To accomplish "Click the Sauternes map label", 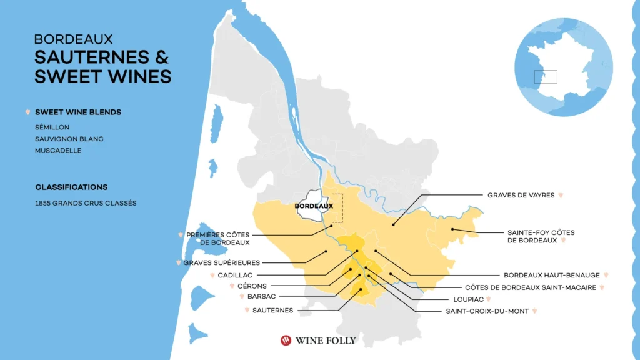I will click(272, 311).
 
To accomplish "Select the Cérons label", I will click(252, 286).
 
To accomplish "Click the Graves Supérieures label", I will click(221, 263).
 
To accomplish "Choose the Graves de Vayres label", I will click(521, 195).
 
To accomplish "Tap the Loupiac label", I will click(467, 299).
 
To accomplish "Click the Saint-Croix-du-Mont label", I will click(487, 311).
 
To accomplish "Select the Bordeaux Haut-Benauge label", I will click(551, 275).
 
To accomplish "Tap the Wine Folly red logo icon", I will click(286, 341).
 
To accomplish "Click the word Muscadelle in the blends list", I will click(58, 151).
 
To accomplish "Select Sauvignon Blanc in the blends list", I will click(69, 139).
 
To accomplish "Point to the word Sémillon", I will click(52, 127).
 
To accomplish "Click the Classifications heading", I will click(71, 187).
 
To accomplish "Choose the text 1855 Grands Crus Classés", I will click(86, 203).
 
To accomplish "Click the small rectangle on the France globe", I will click(545, 77).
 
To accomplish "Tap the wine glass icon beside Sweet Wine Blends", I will click(27, 112).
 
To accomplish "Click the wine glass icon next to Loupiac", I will click(489, 299).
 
